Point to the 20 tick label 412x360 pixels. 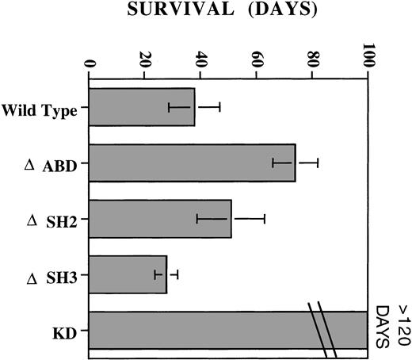[x=145, y=60]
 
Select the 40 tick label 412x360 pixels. [x=200, y=60]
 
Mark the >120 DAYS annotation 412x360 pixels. [x=390, y=326]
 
